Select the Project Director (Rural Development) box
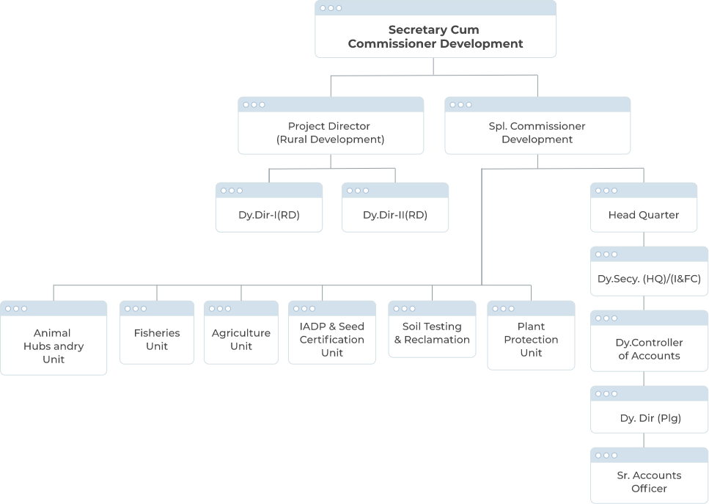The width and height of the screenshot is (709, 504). pos(331,132)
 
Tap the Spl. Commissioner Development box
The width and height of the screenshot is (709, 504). pos(537,132)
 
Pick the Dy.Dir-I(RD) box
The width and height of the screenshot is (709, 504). pos(269,214)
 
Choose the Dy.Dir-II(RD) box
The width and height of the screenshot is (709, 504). pos(395,214)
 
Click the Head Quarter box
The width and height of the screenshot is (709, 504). pos(643,214)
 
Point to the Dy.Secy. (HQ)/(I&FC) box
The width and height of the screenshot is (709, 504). pos(649,279)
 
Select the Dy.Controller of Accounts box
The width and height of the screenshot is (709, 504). pos(649,348)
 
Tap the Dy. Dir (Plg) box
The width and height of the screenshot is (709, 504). pos(649,418)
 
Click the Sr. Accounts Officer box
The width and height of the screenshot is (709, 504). pos(649,481)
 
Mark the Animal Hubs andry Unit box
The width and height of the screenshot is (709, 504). pos(54,346)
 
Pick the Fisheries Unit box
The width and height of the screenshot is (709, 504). pos(157,339)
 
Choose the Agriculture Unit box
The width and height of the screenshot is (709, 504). pos(241,339)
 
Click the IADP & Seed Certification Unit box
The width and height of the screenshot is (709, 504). pos(331,339)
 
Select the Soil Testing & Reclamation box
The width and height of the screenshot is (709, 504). pos(432,332)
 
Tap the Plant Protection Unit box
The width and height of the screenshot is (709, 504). pos(531,339)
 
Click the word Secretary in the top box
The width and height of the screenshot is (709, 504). pos(416,30)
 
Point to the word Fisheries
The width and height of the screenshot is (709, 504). pos(157,332)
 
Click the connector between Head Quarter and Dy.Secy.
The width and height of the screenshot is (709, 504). pos(644,239)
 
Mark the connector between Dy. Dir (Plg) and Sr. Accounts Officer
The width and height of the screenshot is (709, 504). pos(644,440)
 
